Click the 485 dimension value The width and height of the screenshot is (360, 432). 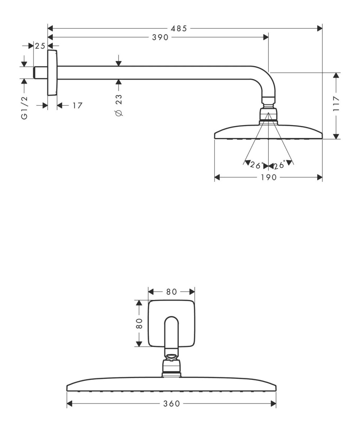[179, 28]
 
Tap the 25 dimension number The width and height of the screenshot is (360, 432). [40, 46]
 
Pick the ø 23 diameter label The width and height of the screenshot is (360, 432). [119, 105]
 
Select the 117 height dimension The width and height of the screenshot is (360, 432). [336, 105]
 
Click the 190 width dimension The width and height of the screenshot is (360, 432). [268, 177]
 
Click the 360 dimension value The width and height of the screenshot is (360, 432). [172, 404]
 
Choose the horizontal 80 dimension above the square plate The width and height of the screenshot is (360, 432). [171, 292]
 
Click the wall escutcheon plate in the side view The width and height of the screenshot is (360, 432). [52, 73]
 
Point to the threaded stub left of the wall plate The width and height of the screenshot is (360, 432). [40, 72]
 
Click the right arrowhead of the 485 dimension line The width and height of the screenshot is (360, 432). [319, 28]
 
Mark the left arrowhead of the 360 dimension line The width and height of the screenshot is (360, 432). [70, 404]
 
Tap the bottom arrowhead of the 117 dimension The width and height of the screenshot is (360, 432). [336, 136]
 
